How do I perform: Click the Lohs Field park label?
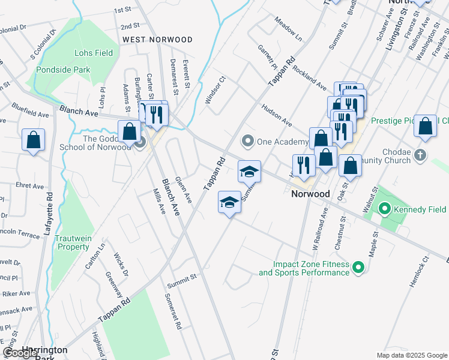pos(93,53)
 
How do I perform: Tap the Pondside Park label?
pos(63,70)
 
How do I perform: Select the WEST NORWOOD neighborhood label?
pos(157,40)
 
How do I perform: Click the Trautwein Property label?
pos(73,242)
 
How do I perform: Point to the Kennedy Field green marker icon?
pos(384,209)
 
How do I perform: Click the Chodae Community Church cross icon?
pos(420,155)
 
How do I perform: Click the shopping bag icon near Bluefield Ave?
pos(34,140)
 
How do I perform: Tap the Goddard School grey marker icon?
pos(140,143)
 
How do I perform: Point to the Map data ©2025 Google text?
pos(412,355)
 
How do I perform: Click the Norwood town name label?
pos(310,194)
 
